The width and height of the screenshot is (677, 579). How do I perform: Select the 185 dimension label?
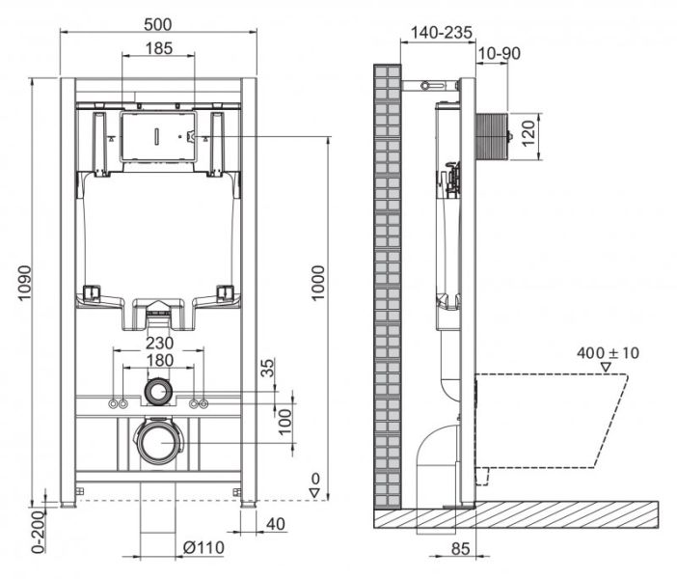(x=159, y=47)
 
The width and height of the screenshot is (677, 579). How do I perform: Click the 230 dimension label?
(x=159, y=342)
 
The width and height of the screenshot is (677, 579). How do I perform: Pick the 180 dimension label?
(x=159, y=360)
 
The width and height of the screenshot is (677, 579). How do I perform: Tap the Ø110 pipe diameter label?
(x=204, y=548)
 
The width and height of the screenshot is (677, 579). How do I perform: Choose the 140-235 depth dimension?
(x=441, y=32)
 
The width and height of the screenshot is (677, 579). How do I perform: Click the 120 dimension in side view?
(x=527, y=132)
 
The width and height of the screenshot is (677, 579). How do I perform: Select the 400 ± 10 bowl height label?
(x=607, y=352)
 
